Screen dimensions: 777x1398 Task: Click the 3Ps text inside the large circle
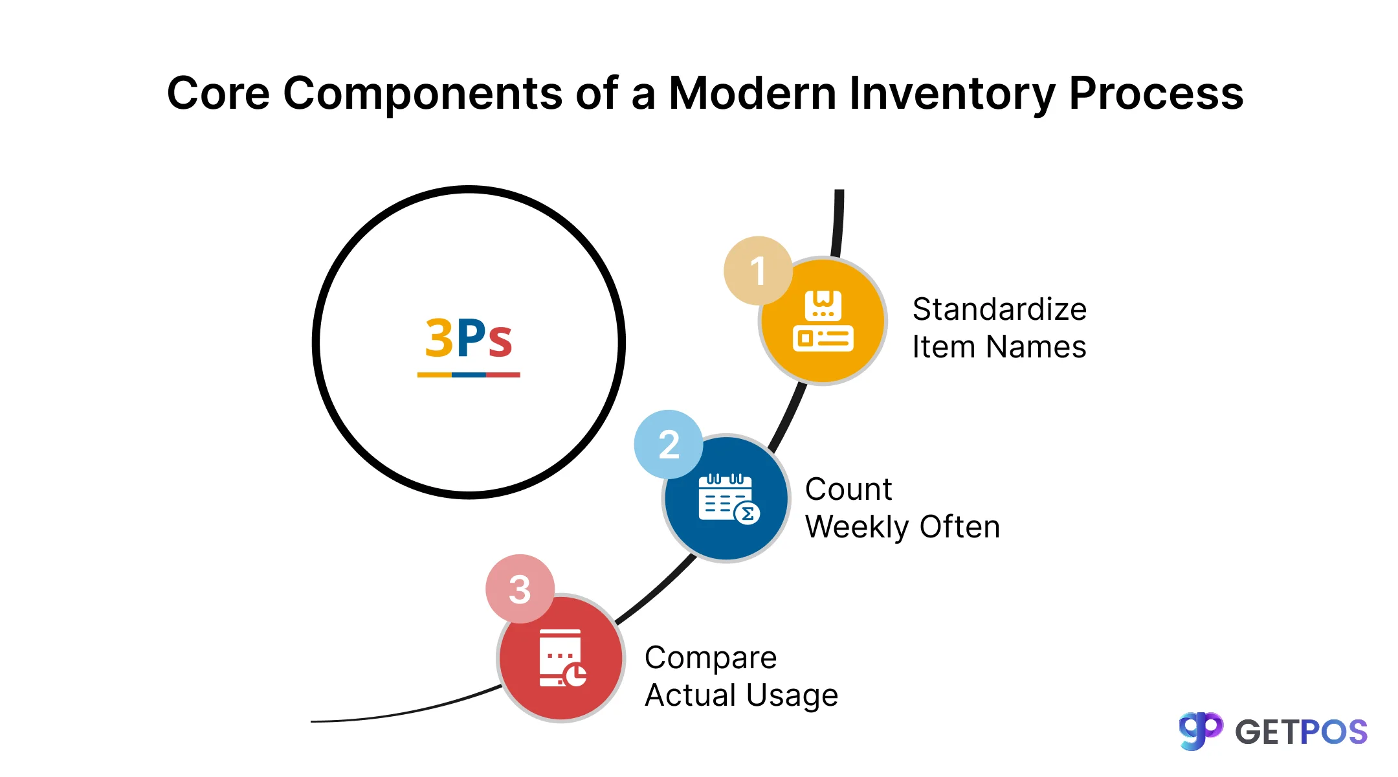pos(469,338)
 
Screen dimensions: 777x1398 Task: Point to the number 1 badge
pos(758,271)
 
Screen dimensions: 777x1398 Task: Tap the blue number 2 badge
pos(669,445)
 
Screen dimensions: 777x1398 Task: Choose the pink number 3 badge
pos(520,589)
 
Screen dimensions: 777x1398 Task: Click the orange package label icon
pos(823,321)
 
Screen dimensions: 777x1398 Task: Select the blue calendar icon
pos(727,498)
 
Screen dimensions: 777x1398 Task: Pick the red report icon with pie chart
pos(562,658)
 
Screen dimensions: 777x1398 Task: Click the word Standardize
pos(999,310)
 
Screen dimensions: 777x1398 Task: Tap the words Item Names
pos(999,347)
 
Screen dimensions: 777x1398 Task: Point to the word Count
pos(849,490)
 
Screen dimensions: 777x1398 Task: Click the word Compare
pos(711,659)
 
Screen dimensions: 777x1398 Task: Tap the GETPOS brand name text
pos(1301,732)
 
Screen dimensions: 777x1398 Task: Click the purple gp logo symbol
pos(1201,731)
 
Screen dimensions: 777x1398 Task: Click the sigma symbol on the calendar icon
pos(748,514)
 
